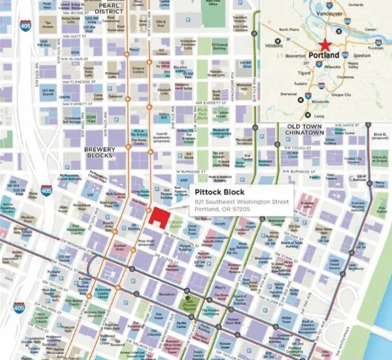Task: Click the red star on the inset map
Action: pyautogui.click(x=325, y=44)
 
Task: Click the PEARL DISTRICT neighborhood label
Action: pyautogui.click(x=107, y=8)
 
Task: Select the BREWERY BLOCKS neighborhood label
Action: pyautogui.click(x=100, y=153)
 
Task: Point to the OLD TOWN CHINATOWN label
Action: pyautogui.click(x=305, y=129)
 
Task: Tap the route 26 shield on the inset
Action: pyautogui.click(x=288, y=39)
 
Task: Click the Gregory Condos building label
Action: pyautogui.click(x=138, y=69)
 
